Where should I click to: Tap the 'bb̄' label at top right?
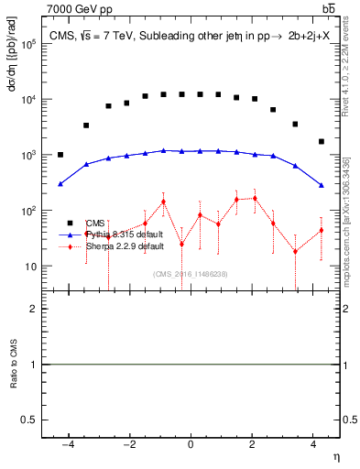(x=328, y=8)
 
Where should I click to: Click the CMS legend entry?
(x=95, y=223)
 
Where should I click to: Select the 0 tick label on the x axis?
(x=191, y=444)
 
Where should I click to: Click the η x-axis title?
(x=335, y=456)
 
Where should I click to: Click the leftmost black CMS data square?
(x=60, y=155)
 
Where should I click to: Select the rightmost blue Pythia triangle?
(x=322, y=186)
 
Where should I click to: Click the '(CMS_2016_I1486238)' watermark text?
(x=190, y=274)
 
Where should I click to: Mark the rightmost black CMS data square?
(x=322, y=141)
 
